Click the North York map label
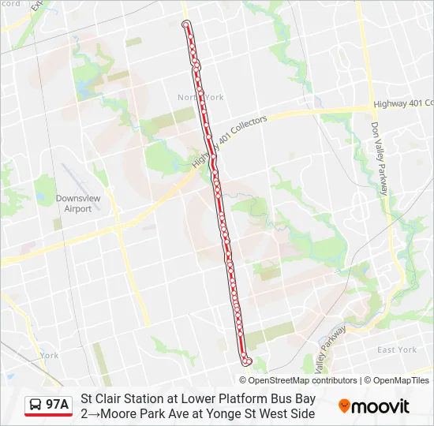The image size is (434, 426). (x=200, y=97)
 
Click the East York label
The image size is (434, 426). (x=396, y=349)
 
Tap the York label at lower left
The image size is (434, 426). (x=49, y=355)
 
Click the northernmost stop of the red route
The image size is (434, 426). (x=186, y=24)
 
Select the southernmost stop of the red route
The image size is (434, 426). (x=248, y=361)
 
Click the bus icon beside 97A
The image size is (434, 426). (x=36, y=405)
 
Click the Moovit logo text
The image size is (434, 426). (x=380, y=406)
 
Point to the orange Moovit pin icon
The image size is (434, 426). (x=344, y=406)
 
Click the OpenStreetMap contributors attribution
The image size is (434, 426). (x=303, y=380)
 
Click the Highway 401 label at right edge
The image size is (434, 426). (x=403, y=103)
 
